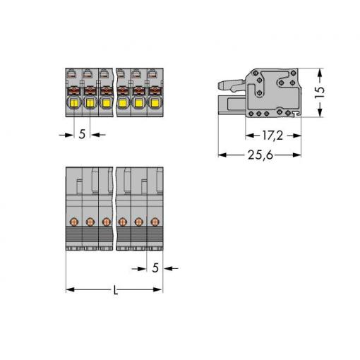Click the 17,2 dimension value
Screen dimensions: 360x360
pos(272,136)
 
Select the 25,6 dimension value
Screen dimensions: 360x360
pos(260,155)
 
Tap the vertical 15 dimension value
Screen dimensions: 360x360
pos(320,92)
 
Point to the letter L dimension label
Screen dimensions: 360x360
pos(115,290)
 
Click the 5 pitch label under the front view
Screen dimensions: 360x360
pos(82,134)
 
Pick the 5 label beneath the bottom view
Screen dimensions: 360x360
pos(155,268)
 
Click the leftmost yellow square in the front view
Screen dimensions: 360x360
pos(74,103)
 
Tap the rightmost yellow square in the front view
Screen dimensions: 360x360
pos(155,103)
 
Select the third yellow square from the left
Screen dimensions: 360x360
pos(107,103)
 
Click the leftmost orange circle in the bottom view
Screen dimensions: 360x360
pos(74,222)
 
